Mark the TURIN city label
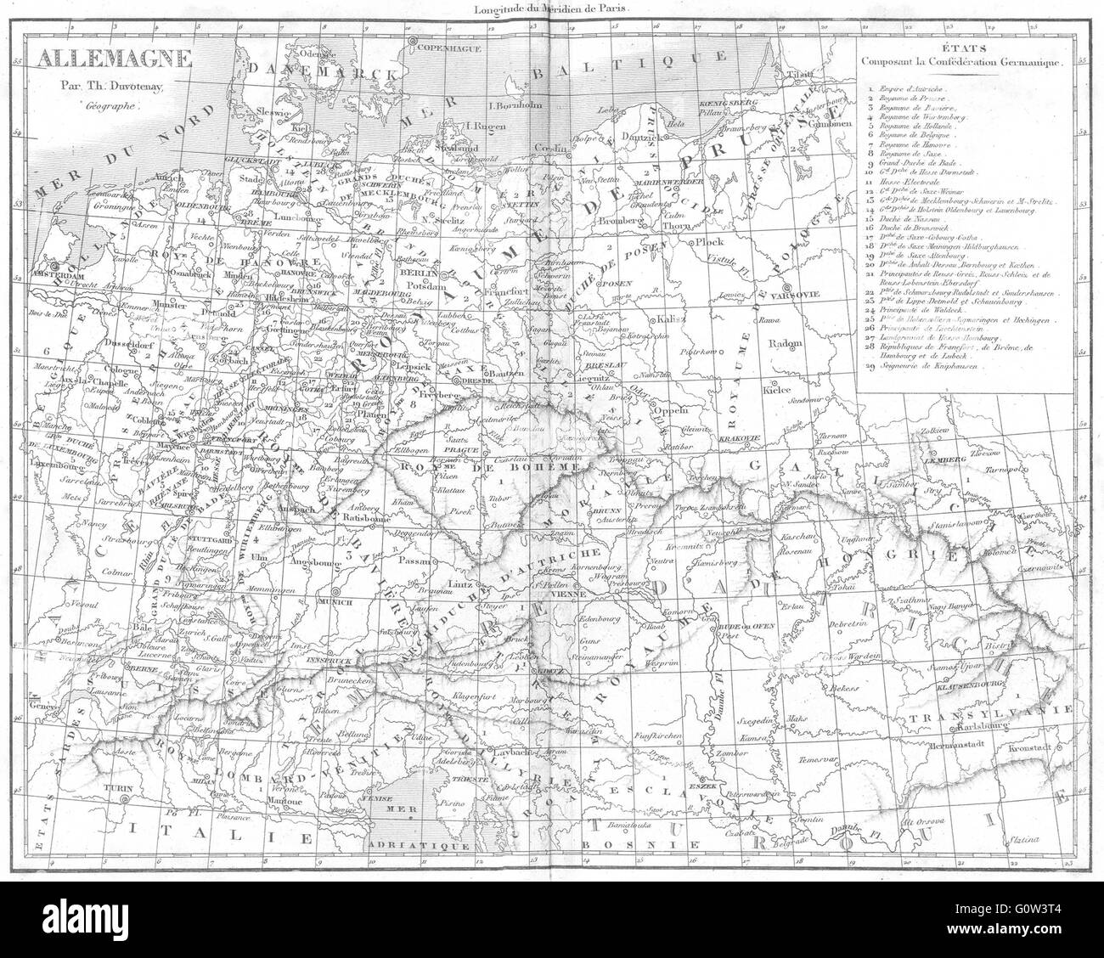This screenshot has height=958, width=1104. (x=115, y=788)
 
